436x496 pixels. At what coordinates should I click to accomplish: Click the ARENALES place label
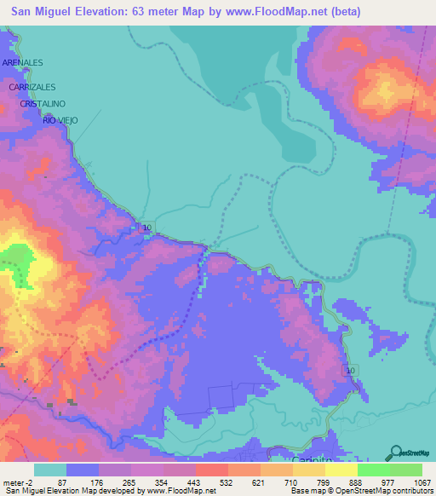(23, 63)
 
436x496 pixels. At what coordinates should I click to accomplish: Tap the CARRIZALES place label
(32, 87)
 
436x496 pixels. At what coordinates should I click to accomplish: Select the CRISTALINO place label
(43, 103)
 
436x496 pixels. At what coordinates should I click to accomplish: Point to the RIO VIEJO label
(60, 120)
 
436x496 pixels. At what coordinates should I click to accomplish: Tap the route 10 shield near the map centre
(147, 228)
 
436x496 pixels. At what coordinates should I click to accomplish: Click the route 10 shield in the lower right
(349, 370)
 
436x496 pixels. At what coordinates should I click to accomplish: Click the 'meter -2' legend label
(19, 482)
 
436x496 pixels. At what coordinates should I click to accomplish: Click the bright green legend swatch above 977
(373, 470)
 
